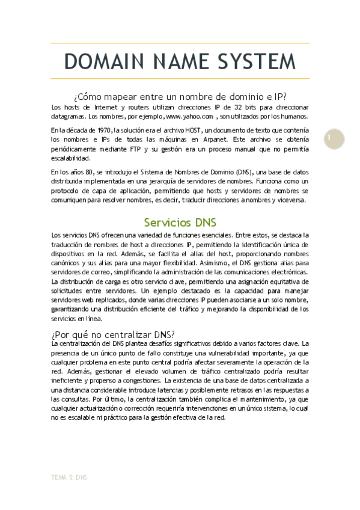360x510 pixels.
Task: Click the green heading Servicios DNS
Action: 180,222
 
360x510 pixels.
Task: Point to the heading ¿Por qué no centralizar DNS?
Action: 113,334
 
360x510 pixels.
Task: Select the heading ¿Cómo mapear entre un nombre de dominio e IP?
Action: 180,96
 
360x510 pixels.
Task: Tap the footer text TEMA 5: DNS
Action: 70,477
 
